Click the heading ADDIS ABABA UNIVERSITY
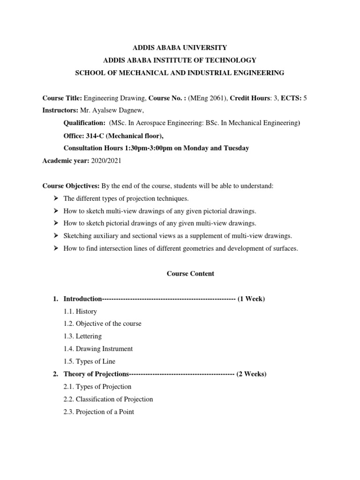[180, 47]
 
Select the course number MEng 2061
[204, 98]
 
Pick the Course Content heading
[190, 274]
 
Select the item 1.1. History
[80, 311]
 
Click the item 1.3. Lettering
[82, 336]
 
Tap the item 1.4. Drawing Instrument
[98, 349]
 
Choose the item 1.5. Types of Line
[89, 361]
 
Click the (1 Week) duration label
[251, 299]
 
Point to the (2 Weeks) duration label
[251, 374]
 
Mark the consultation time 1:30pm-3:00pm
[150, 148]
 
